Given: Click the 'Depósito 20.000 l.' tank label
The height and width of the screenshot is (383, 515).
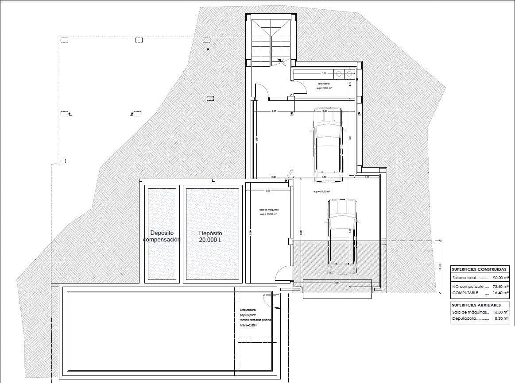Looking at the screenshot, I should pyautogui.click(x=210, y=237).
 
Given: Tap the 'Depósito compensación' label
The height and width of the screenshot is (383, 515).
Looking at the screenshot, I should pyautogui.click(x=162, y=236).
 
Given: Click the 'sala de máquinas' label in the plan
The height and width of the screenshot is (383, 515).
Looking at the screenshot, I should pyautogui.click(x=268, y=210).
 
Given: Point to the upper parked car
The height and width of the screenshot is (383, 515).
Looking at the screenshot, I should pyautogui.click(x=328, y=144).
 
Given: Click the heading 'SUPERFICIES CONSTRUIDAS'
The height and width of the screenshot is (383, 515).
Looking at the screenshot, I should pyautogui.click(x=479, y=269).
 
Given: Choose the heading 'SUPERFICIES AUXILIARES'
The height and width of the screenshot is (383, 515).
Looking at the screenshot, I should pyautogui.click(x=476, y=305).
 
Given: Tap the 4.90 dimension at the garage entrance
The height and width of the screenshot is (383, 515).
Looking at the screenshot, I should pyautogui.click(x=336, y=282).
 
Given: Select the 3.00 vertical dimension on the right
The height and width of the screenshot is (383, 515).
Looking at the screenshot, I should pyautogui.click(x=440, y=266).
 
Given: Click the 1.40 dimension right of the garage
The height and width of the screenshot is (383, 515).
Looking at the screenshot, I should pyautogui.click(x=367, y=177).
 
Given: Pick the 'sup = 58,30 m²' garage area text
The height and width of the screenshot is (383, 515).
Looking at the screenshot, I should pyautogui.click(x=322, y=191).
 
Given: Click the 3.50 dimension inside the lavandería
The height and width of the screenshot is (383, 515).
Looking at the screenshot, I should pyautogui.click(x=324, y=73).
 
